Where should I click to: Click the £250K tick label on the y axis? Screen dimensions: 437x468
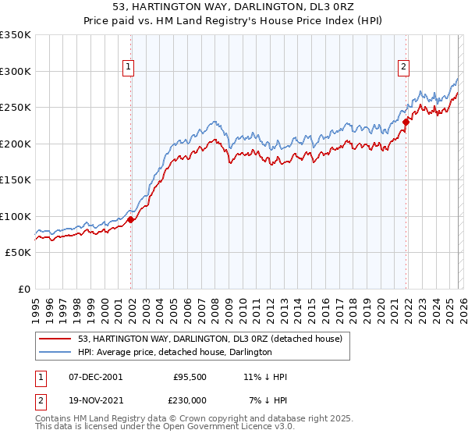pyautogui.click(x=16, y=108)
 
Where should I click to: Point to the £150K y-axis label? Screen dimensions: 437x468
pyautogui.click(x=16, y=180)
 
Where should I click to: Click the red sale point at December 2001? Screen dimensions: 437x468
pyautogui.click(x=131, y=220)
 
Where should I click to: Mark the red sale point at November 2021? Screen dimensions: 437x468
pyautogui.click(x=406, y=122)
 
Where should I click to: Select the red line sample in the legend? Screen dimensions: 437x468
pyautogui.click(x=56, y=339)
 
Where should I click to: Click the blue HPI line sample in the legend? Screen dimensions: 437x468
pyautogui.click(x=56, y=353)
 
